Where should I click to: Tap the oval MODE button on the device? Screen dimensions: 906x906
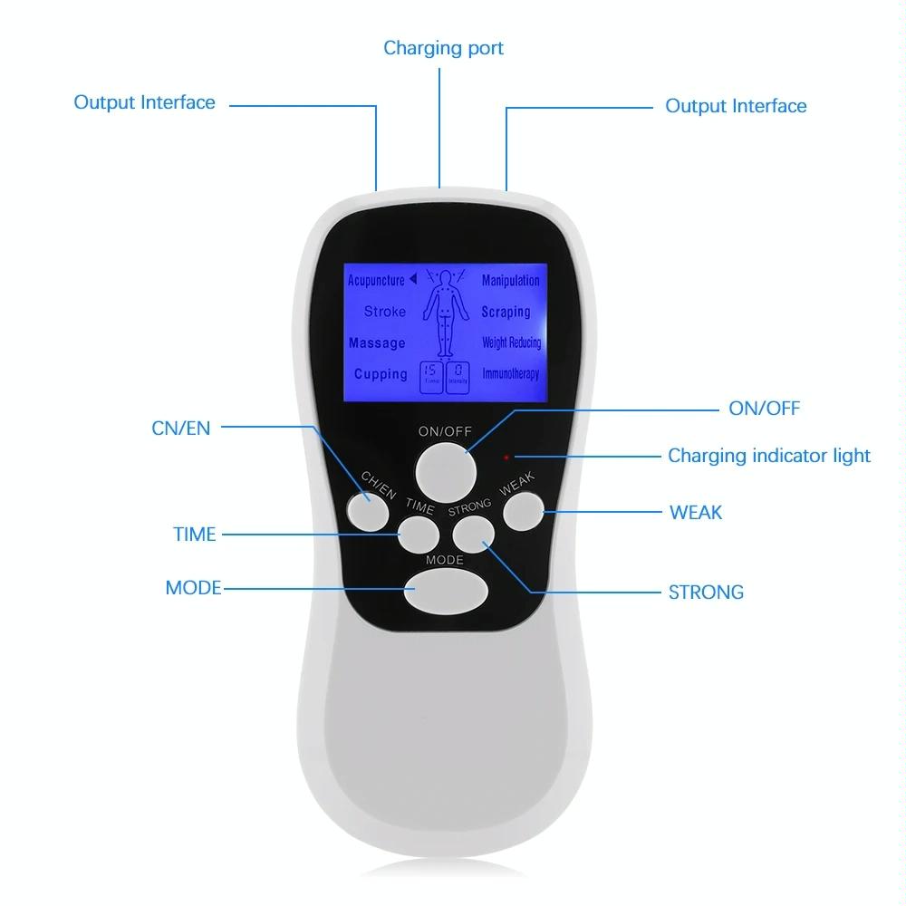point(446,592)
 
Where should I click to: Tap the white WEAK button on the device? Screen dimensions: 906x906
point(523,512)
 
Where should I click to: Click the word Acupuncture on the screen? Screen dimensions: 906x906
point(376,280)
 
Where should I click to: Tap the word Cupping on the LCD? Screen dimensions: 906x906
point(381,374)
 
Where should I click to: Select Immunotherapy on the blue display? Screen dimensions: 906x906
point(510,374)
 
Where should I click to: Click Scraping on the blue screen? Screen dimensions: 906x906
point(506,312)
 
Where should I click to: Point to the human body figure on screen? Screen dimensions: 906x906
point(444,313)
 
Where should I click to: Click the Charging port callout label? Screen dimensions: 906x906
point(443,47)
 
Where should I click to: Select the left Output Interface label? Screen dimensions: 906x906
point(145,101)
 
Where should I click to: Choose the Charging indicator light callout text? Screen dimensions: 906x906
point(768,456)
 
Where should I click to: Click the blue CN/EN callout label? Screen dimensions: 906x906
point(180,428)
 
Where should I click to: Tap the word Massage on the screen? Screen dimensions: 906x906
point(377,343)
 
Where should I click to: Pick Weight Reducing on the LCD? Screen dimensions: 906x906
point(511,343)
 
